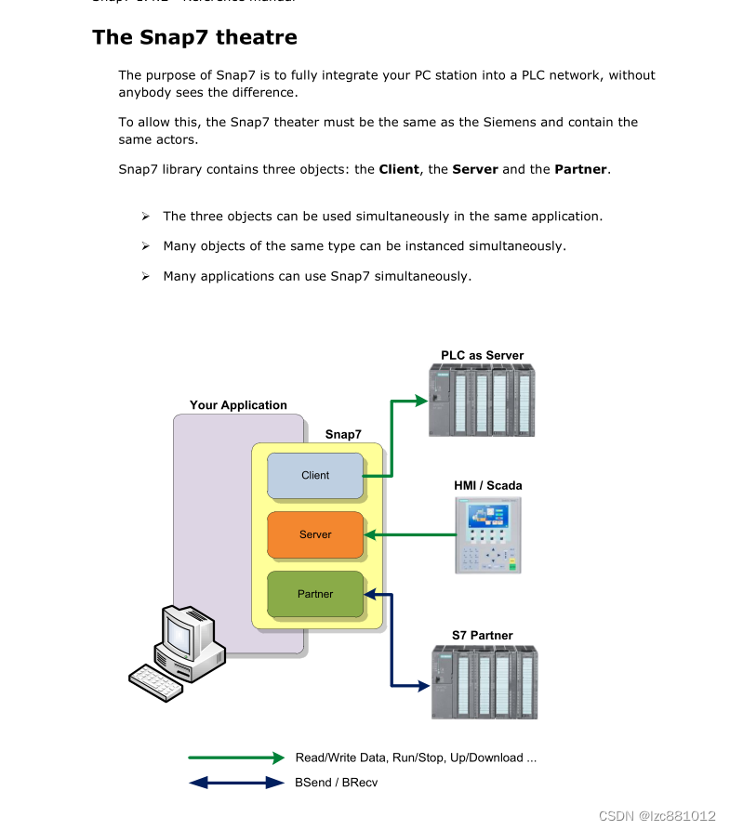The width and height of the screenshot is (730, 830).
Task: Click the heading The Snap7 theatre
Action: pyautogui.click(x=194, y=38)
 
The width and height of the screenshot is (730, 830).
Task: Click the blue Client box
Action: pyautogui.click(x=315, y=476)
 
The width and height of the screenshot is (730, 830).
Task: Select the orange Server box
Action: pyautogui.click(x=315, y=535)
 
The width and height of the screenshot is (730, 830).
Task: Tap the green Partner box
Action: pyautogui.click(x=315, y=595)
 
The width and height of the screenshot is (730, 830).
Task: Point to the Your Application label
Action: pyautogui.click(x=238, y=405)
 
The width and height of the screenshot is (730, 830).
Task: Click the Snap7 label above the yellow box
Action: pyautogui.click(x=343, y=434)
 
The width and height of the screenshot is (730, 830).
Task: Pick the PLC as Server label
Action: pyautogui.click(x=482, y=355)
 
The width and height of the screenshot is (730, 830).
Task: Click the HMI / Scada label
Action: pyautogui.click(x=487, y=485)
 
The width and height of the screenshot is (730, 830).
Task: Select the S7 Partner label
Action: pyautogui.click(x=482, y=636)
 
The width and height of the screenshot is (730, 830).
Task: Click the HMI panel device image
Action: pyautogui.click(x=488, y=534)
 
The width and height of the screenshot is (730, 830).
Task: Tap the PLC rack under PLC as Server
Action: pyautogui.click(x=482, y=401)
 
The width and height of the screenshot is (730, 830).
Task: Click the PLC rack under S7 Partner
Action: pyautogui.click(x=484, y=681)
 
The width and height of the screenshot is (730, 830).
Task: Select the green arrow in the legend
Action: pyautogui.click(x=236, y=758)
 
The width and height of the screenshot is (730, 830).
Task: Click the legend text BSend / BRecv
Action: pyautogui.click(x=336, y=783)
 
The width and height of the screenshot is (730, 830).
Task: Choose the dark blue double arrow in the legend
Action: pyautogui.click(x=236, y=783)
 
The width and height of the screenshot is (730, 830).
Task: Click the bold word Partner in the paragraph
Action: pyautogui.click(x=580, y=169)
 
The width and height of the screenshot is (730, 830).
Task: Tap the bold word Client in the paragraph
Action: pyautogui.click(x=399, y=169)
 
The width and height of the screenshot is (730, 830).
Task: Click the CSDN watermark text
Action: pyautogui.click(x=657, y=815)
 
